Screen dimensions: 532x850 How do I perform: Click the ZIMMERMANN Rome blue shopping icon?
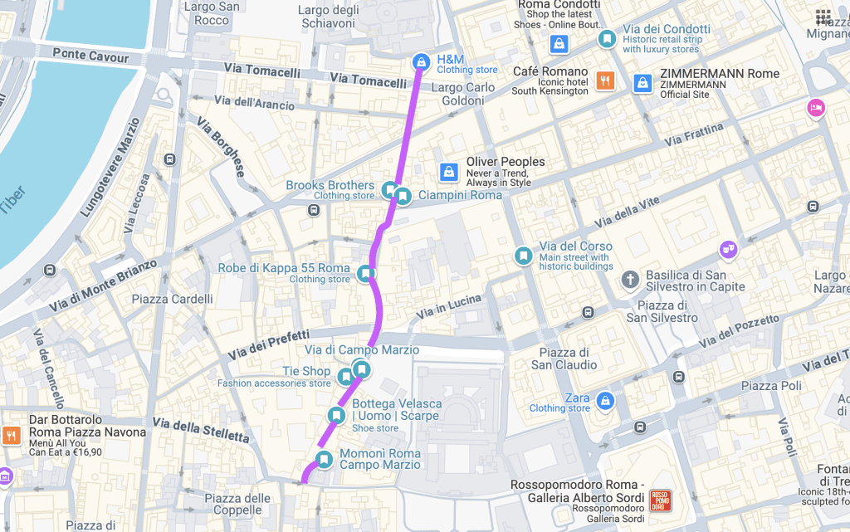[642, 83]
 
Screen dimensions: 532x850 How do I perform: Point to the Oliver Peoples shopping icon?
[448, 171]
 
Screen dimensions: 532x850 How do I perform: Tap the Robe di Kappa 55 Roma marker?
[365, 273]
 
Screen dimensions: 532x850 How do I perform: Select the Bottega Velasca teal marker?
[336, 415]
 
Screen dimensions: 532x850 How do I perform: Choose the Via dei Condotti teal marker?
[608, 38]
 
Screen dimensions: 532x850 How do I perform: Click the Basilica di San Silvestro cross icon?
[631, 278]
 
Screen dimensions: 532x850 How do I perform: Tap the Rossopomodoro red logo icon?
[661, 500]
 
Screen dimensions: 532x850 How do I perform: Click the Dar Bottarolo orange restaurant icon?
[12, 435]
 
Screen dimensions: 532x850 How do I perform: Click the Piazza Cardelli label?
[172, 299]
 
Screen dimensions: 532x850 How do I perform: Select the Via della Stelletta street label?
[211, 431]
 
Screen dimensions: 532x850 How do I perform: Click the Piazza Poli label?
[771, 386]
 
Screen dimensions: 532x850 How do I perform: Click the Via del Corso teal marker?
[523, 256]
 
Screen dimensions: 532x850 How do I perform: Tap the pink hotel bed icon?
[816, 108]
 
